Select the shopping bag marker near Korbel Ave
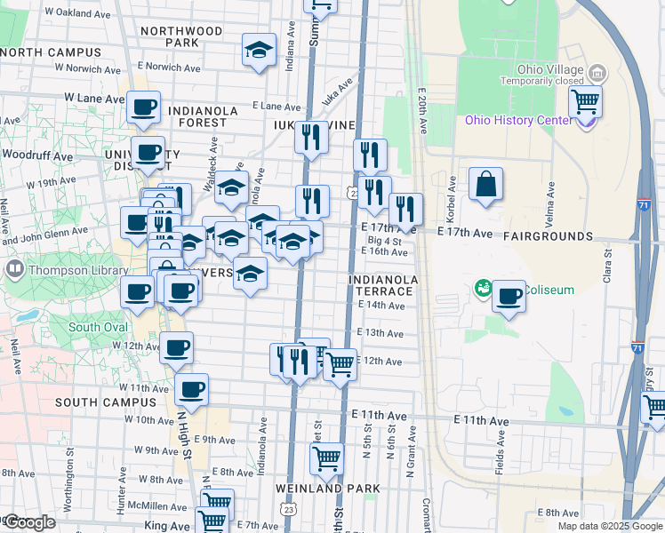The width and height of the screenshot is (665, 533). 485,185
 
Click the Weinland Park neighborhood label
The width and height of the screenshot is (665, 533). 327,489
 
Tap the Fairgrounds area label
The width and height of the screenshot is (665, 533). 548,236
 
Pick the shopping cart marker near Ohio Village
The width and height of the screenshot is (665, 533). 586,101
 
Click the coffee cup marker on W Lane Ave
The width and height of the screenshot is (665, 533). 143,107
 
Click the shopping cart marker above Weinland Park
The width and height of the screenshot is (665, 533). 326,458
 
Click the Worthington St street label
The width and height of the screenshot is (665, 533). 70,454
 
